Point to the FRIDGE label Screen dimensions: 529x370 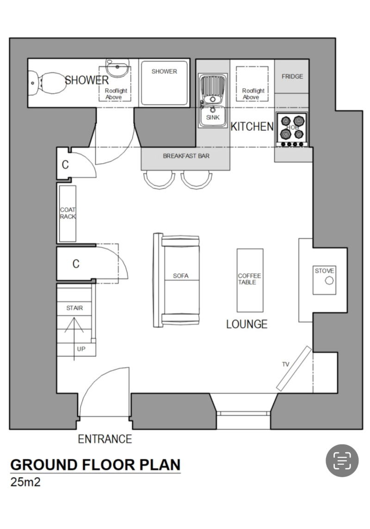[292, 76]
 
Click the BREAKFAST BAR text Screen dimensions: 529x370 [186, 156]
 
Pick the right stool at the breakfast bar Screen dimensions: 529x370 [197, 178]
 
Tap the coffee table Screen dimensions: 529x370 [250, 280]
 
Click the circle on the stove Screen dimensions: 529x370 [329, 281]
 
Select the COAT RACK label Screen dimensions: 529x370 [68, 213]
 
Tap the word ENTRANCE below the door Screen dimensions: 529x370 [105, 439]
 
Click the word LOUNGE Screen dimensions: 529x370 [247, 324]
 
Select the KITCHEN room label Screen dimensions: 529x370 [252, 126]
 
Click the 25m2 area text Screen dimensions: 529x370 [25, 482]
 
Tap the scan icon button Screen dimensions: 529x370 [342, 461]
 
